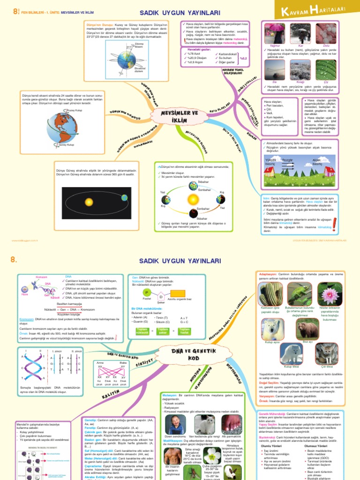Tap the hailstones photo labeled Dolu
click(327, 34)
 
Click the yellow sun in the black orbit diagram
click(89, 202)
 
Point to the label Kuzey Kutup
click(75, 111)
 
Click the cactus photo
click(270, 294)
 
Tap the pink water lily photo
click(330, 294)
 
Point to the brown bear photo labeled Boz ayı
click(307, 329)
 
